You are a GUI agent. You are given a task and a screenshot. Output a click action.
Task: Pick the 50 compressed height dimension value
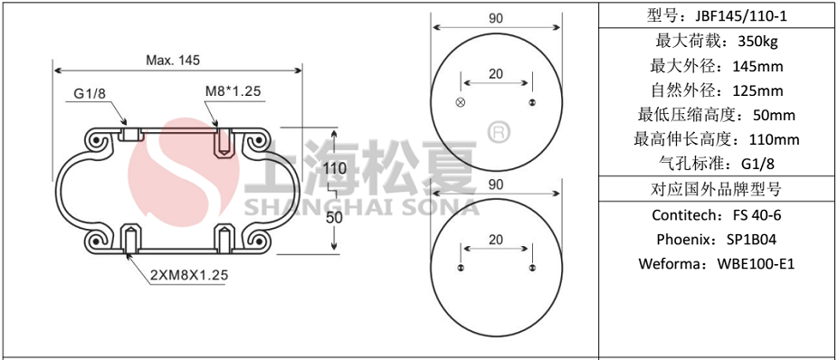pyautogui.click(x=334, y=217)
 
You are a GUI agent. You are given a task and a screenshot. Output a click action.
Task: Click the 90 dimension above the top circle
pyautogui.click(x=495, y=18)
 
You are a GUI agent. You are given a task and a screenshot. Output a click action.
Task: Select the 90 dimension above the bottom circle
pyautogui.click(x=495, y=185)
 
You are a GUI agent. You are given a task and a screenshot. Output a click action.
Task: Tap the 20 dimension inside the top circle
pyautogui.click(x=495, y=74)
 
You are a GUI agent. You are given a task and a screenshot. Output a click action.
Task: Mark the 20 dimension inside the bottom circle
pyautogui.click(x=495, y=240)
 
